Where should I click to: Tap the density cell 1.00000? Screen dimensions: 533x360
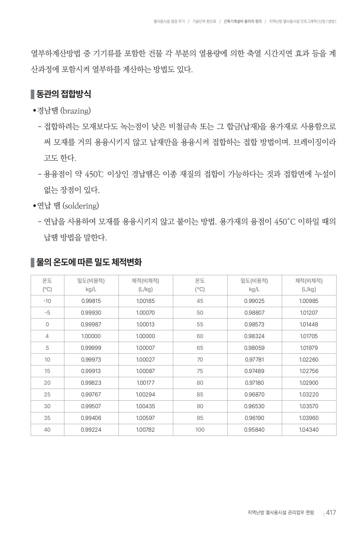91,336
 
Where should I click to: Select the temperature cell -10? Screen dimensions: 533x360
47,301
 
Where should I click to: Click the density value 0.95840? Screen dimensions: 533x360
254,430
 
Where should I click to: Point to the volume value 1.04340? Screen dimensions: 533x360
309,430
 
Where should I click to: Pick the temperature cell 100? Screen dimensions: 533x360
200,430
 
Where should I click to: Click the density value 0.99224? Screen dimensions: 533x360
91,430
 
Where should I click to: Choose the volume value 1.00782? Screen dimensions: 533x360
146,430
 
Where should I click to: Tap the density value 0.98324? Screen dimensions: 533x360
254,336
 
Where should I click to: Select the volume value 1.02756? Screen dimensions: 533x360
309,371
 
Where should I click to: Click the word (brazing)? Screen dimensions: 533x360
75,111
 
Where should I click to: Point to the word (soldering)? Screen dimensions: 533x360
81,206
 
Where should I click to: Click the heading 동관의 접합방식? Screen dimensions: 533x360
63,94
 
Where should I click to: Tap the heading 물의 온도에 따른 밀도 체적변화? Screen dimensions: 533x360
89,262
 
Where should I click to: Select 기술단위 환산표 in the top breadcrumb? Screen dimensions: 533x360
204,21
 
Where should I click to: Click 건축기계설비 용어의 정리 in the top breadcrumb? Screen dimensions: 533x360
243,21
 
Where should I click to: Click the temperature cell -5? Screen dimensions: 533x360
47,313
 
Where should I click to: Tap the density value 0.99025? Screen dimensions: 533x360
254,301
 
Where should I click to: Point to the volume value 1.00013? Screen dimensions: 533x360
146,325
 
